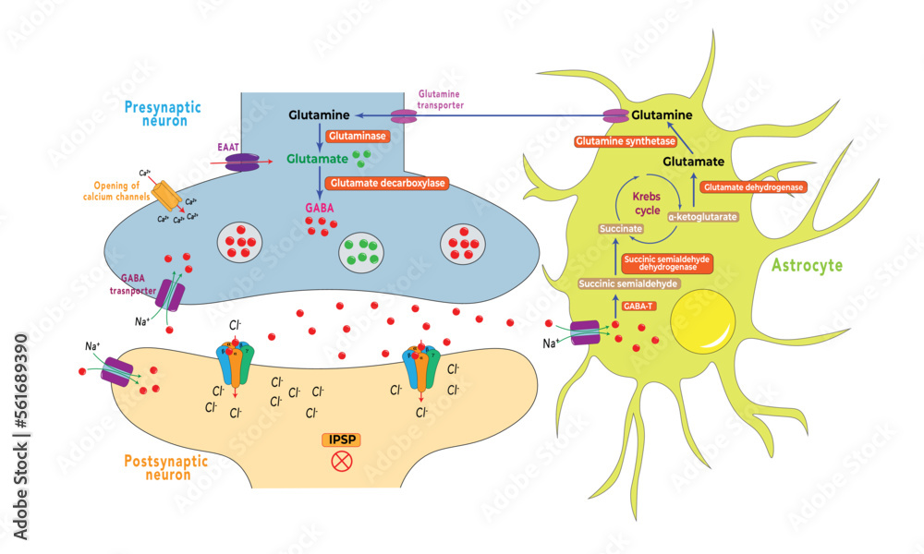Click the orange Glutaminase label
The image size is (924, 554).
click(353, 136)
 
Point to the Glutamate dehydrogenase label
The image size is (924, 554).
click(752, 187)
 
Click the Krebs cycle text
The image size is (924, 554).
click(646, 204)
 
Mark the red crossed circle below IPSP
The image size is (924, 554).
click(341, 461)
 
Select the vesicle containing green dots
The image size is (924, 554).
click(362, 249)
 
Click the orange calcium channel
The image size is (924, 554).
click(165, 194)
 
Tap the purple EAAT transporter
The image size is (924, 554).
click(242, 162)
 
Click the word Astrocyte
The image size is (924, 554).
click(806, 266)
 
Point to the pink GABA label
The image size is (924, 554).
click(319, 209)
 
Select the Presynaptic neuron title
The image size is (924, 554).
click(158, 113)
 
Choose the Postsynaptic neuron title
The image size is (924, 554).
click(157, 466)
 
